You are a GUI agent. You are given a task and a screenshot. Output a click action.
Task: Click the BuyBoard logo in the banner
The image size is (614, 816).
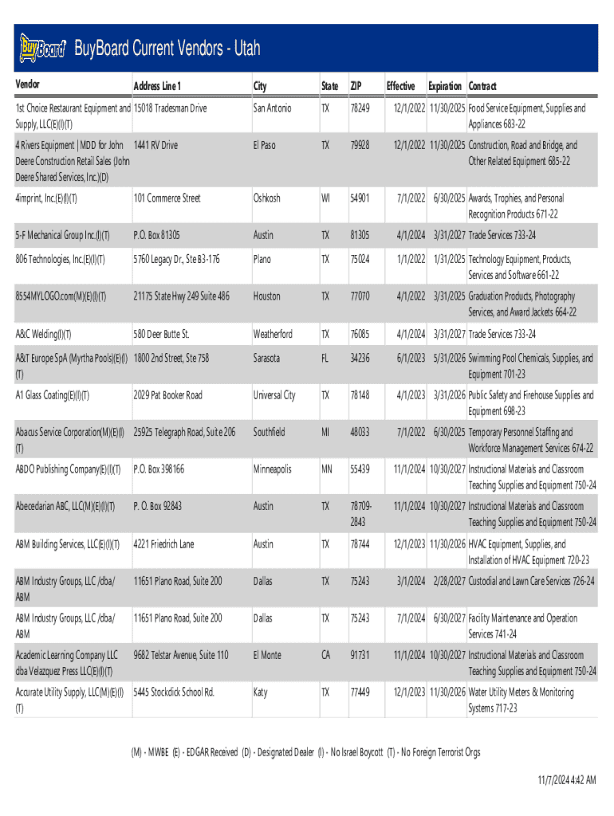coord(41,49)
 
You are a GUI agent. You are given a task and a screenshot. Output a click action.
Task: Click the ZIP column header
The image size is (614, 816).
coord(356,85)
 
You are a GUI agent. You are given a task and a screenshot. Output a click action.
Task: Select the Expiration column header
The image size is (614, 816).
coord(445,85)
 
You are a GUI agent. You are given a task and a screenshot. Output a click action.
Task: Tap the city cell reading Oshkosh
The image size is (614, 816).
coord(267,198)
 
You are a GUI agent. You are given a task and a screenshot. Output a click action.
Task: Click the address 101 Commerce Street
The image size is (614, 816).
coord(167,198)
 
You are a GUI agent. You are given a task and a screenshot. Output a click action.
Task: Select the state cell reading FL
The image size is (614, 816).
coord(325,359)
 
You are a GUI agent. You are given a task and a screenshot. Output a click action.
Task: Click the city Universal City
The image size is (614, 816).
coord(274,395)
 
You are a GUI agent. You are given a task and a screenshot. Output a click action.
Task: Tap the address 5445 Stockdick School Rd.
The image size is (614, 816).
coord(174,692)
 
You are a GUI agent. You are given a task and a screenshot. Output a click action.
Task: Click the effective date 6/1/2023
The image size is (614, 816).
coord(410,359)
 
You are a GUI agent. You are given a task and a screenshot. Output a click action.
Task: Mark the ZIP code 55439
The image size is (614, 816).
coord(360,469)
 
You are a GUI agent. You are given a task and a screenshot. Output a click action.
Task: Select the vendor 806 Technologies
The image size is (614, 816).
coord(61,259)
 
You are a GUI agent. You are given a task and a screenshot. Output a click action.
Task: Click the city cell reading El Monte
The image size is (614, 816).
coord(267,655)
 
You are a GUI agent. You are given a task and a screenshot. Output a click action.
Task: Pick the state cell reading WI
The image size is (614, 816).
coord(325,198)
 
